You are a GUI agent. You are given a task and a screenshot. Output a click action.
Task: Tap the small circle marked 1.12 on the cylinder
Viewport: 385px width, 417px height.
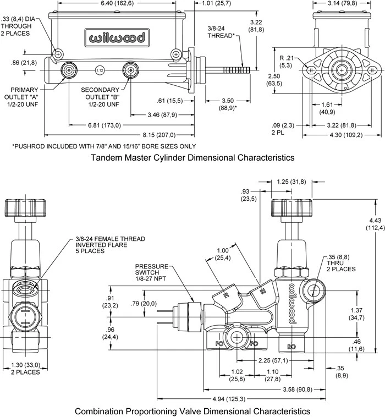click(x=99, y=70)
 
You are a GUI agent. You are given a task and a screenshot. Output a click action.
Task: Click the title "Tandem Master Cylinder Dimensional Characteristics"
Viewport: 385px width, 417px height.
click(x=192, y=158)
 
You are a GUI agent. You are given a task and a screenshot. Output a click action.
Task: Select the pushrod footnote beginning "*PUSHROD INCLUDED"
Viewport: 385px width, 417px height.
click(x=104, y=146)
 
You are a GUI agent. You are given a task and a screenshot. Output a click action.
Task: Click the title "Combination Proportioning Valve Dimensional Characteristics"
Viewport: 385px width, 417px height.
click(x=192, y=410)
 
